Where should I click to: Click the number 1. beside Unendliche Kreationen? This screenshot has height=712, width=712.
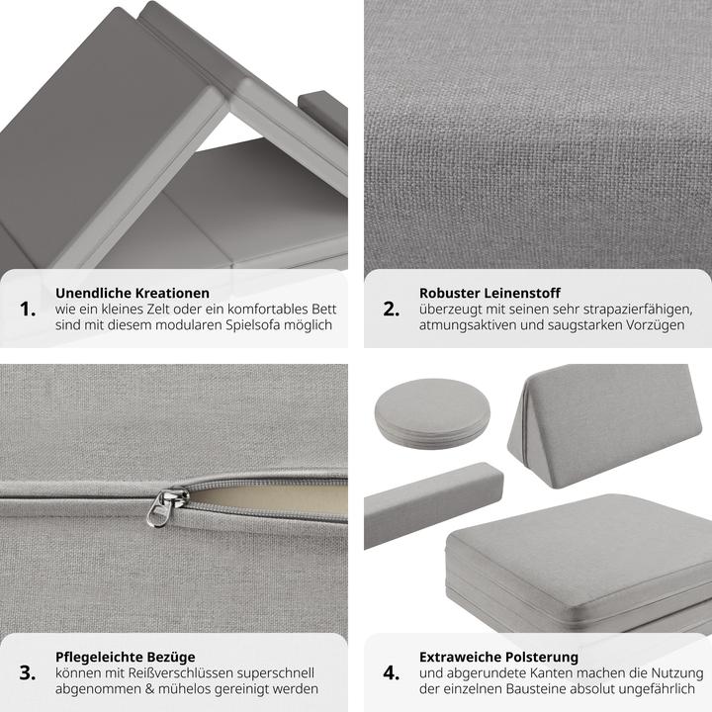tap(28, 310)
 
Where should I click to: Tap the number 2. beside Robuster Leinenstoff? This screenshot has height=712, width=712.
tap(392, 310)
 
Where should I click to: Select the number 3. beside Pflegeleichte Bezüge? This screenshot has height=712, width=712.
tap(28, 673)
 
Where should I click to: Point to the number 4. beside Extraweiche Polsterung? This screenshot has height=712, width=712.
tap(392, 673)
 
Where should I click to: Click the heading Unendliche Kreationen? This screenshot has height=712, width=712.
tap(133, 293)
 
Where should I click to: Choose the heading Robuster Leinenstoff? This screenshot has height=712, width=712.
tap(489, 293)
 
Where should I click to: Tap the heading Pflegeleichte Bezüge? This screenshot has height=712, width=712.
tap(126, 657)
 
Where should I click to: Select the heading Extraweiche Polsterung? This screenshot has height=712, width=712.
tap(498, 657)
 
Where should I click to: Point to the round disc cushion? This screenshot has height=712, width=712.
tap(432, 413)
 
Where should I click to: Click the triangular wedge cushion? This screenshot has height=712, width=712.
tap(604, 424)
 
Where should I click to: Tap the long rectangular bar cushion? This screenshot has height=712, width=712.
tap(433, 505)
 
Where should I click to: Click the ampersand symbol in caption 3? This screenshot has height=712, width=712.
tap(150, 689)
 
